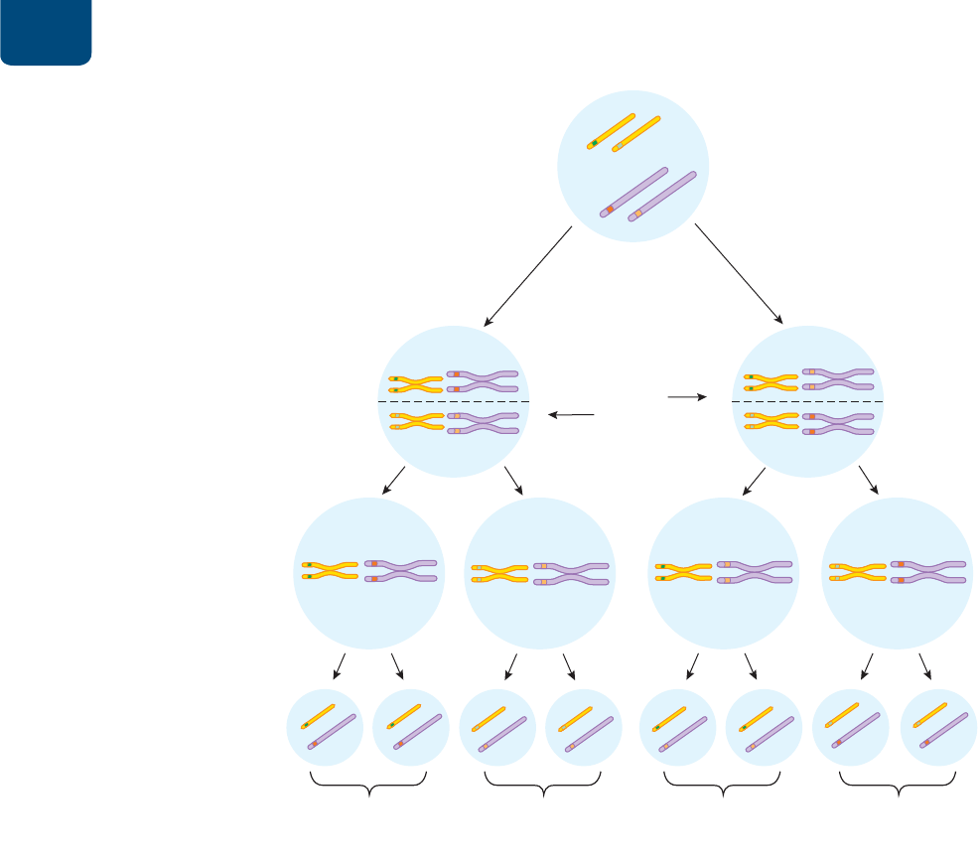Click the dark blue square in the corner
coord(46,32)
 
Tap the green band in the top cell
coord(594,144)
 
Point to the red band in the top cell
coord(610,210)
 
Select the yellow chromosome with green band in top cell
coord(611,130)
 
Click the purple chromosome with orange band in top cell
coord(662,196)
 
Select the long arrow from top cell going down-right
coord(739,274)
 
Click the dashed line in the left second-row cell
coord(454,401)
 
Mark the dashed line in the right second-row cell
coord(807,401)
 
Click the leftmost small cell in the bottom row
coord(325,728)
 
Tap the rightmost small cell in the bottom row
coord(938,728)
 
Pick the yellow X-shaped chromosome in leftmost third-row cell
coord(330,570)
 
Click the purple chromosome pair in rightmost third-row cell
coord(928,570)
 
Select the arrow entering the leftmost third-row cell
coord(393,480)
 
